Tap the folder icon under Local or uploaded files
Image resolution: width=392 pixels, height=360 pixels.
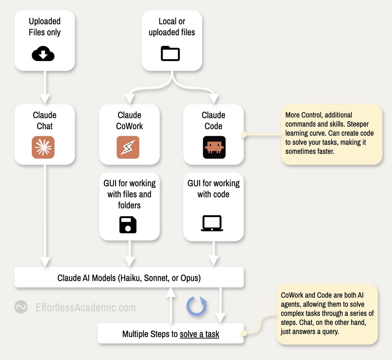tap(170, 53)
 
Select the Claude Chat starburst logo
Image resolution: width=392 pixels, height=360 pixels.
tap(43, 147)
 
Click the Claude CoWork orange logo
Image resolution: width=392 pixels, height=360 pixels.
tap(128, 147)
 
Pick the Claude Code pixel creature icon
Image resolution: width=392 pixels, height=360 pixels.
tap(214, 147)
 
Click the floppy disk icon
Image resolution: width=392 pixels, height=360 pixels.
tap(128, 224)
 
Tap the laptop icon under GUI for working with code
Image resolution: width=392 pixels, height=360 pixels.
tap(212, 223)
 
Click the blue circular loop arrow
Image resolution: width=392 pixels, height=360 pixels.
tap(197, 306)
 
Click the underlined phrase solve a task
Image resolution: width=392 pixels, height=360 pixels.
tap(200, 334)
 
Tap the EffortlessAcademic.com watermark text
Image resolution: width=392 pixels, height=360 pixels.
tap(86, 307)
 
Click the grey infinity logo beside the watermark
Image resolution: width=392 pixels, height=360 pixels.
tap(21, 307)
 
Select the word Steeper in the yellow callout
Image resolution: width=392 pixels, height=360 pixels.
tap(358, 124)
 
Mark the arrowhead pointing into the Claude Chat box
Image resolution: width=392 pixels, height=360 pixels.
tap(45, 99)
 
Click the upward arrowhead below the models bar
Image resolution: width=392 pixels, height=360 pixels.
tap(171, 293)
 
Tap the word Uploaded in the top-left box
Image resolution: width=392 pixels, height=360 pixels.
tap(44, 21)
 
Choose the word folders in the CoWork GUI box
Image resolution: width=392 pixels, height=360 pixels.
tap(129, 205)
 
